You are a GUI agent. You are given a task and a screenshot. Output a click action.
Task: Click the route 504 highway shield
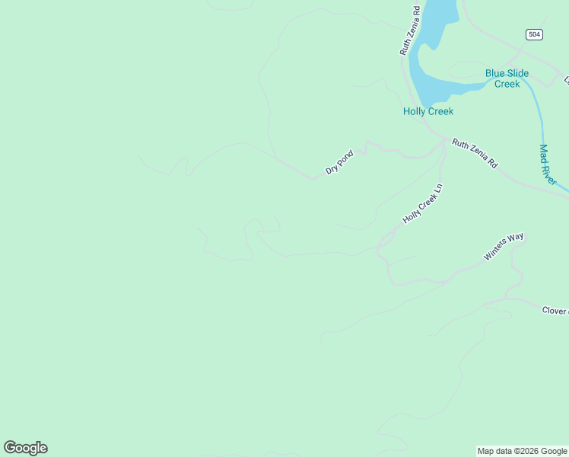coord(533,34)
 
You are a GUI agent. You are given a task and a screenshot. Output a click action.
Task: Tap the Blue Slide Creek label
coord(507,78)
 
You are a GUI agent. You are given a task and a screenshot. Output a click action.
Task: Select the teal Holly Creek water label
coord(428,111)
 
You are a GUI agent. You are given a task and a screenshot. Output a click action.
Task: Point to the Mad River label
coord(548,165)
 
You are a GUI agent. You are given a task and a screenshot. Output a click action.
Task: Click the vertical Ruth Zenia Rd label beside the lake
coord(410,31)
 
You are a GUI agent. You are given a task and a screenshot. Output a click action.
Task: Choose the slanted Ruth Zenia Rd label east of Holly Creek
coord(474,153)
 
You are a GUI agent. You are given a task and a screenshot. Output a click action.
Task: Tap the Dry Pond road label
coord(339,162)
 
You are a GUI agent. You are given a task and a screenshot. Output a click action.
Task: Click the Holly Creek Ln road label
coord(422,203)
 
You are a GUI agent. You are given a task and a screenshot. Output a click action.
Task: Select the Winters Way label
coord(504,247)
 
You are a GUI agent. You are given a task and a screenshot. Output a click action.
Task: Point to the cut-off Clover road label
coord(555,311)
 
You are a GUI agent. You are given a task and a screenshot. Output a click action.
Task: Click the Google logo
coord(25,448)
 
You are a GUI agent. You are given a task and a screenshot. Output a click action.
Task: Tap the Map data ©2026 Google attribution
coord(523,451)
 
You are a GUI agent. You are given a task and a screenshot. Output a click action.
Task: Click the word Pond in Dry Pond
coord(346,157)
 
